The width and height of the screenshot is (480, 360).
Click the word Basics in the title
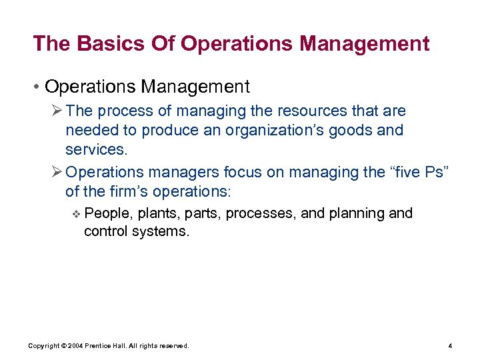coord(101,44)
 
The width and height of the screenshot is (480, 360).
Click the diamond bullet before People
coord(77,214)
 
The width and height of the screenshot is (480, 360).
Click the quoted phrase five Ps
coord(417,172)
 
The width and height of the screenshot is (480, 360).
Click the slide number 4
coord(451,346)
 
